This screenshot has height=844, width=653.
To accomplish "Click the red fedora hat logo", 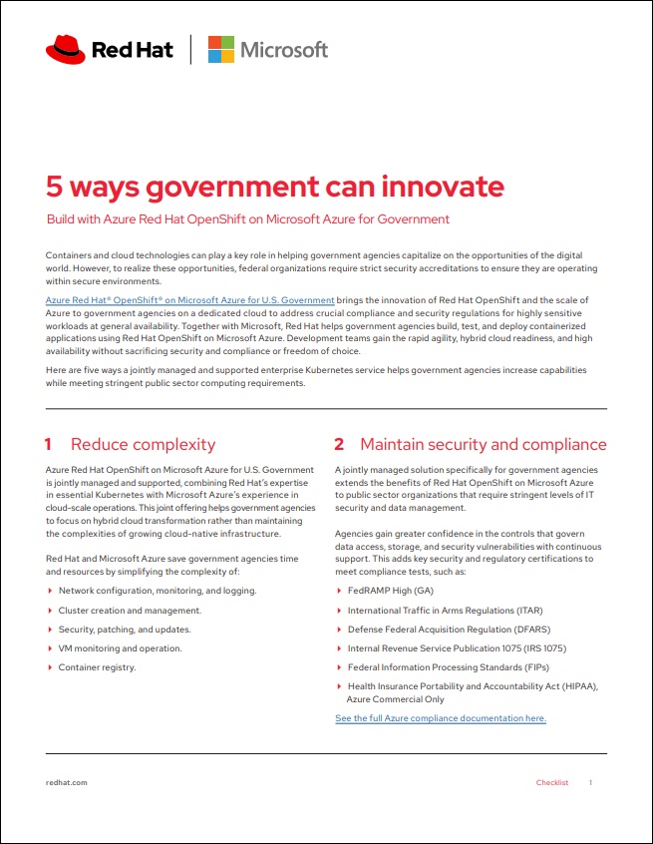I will pos(65,48).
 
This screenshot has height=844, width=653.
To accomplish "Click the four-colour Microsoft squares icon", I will pos(221,49).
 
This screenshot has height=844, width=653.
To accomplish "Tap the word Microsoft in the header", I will pos(283,49).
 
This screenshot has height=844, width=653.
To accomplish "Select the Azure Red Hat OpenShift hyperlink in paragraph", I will pos(190,300).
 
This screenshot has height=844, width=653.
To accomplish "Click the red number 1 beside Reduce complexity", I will pos(49,444).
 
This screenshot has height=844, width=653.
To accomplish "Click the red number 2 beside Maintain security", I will pos(339,444).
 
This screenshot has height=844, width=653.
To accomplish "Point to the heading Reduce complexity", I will pos(143,444).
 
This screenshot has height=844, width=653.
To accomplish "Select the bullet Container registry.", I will pos(97,667).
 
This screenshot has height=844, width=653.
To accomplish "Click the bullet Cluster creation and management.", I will pos(130,610).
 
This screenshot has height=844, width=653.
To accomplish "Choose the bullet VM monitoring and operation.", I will pos(120,648).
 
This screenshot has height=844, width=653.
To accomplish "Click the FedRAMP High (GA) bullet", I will pos(390,591).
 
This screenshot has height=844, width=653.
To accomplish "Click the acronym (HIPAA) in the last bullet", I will pos(579,686).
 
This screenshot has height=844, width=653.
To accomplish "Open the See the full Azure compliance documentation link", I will pos(440,718).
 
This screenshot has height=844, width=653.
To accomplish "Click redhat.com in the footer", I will pos(67,783).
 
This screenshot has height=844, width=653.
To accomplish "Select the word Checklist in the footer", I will pos(552,783).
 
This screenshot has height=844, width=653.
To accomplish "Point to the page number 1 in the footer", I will pos(590,783).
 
